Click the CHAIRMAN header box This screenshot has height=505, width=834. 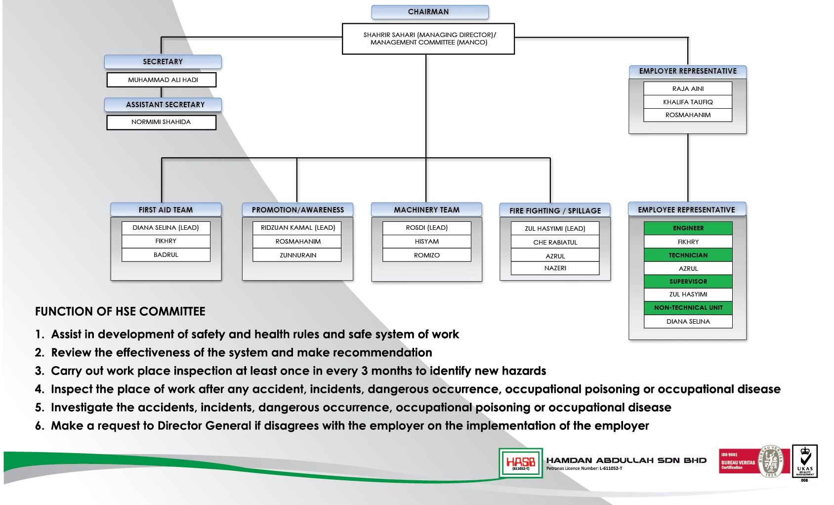pyautogui.click(x=429, y=12)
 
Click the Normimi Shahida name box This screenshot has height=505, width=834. pyautogui.click(x=161, y=122)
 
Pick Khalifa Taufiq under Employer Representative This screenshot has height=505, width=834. pyautogui.click(x=687, y=102)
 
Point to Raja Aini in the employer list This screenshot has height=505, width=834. pyautogui.click(x=687, y=89)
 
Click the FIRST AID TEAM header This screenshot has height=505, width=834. pyautogui.click(x=166, y=210)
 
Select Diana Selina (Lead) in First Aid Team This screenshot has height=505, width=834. pyautogui.click(x=166, y=228)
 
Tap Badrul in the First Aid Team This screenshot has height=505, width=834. pyautogui.click(x=166, y=255)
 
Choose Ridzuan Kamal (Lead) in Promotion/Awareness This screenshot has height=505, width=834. pyautogui.click(x=297, y=228)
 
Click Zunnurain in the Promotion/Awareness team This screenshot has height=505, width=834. pyautogui.click(x=297, y=255)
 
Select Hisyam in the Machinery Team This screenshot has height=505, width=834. pyautogui.click(x=426, y=242)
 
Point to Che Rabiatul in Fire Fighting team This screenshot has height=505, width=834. pyautogui.click(x=555, y=242)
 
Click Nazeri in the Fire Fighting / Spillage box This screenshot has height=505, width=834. pyautogui.click(x=555, y=268)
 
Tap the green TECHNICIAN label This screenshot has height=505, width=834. pyautogui.click(x=688, y=255)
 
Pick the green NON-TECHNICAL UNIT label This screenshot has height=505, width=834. pyautogui.click(x=688, y=308)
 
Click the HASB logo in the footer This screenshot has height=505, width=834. pyautogui.click(x=520, y=463)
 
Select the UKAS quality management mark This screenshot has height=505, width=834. pyautogui.click(x=805, y=462)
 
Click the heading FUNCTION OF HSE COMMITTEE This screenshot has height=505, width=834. pyautogui.click(x=120, y=312)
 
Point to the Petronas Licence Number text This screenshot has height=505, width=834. pyautogui.click(x=584, y=468)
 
